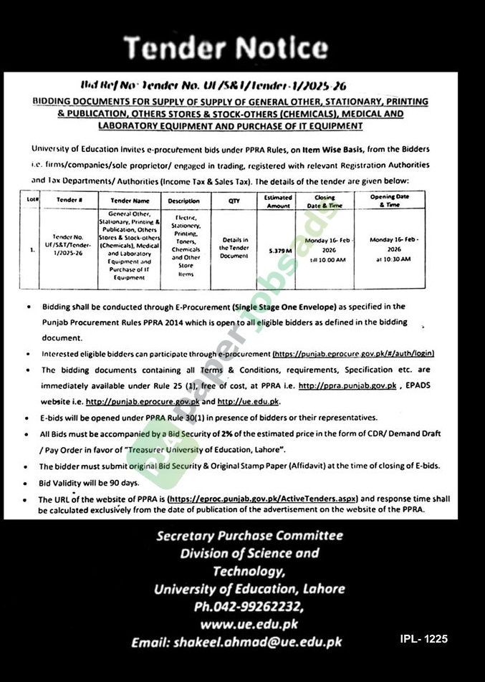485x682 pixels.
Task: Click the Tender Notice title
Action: coord(226,48)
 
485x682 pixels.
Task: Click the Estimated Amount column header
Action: coord(278,201)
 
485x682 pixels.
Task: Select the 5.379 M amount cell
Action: coord(278,251)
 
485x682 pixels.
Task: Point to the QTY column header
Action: coord(234,201)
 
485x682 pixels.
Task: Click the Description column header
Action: coord(184,201)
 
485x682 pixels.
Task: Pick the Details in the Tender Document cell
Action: coord(235,247)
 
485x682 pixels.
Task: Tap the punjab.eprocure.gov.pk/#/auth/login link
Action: coord(353,354)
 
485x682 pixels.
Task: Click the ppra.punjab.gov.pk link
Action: coord(347,385)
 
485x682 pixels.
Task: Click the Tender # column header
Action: coord(68,201)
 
